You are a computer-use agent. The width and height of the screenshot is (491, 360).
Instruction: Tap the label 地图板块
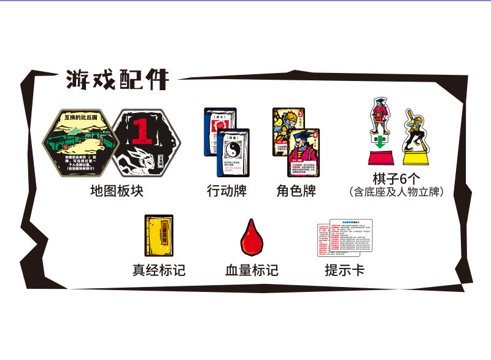pos(116,190)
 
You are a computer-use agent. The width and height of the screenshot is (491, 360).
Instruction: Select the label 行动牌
pos(226,190)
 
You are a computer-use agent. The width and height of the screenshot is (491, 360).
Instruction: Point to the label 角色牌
pos(296,190)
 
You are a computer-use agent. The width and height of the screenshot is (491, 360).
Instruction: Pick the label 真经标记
pos(159,269)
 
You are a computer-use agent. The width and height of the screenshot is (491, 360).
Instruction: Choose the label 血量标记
pos(252,269)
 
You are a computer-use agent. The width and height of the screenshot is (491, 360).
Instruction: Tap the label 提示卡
pos(344,269)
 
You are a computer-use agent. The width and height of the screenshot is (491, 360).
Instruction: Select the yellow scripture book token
pos(158,236)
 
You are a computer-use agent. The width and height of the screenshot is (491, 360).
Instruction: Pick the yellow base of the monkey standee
pos(417,158)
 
